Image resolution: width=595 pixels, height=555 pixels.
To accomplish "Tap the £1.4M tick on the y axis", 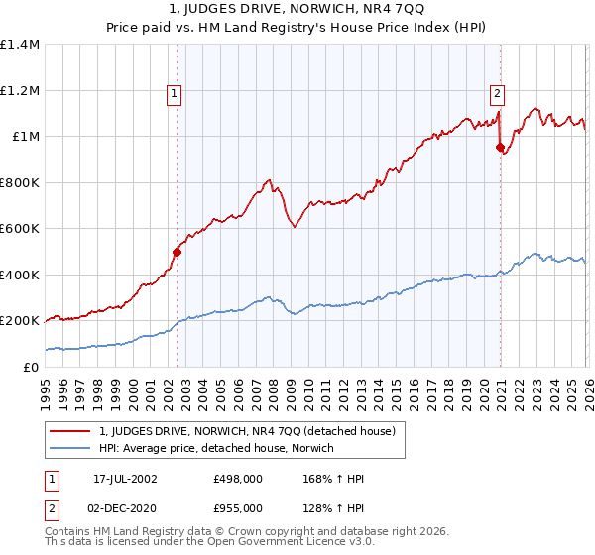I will (x=20, y=45).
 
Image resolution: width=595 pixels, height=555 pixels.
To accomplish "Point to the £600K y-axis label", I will (x=20, y=229).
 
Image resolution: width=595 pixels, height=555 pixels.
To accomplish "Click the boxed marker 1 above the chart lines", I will (x=175, y=94).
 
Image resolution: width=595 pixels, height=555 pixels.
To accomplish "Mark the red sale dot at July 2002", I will (x=178, y=252).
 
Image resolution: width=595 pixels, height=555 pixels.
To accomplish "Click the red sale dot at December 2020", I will (x=501, y=147).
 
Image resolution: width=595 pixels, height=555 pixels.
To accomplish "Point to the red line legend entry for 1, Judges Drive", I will (x=247, y=431).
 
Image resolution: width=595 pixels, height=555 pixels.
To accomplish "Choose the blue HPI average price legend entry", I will (x=216, y=449).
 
